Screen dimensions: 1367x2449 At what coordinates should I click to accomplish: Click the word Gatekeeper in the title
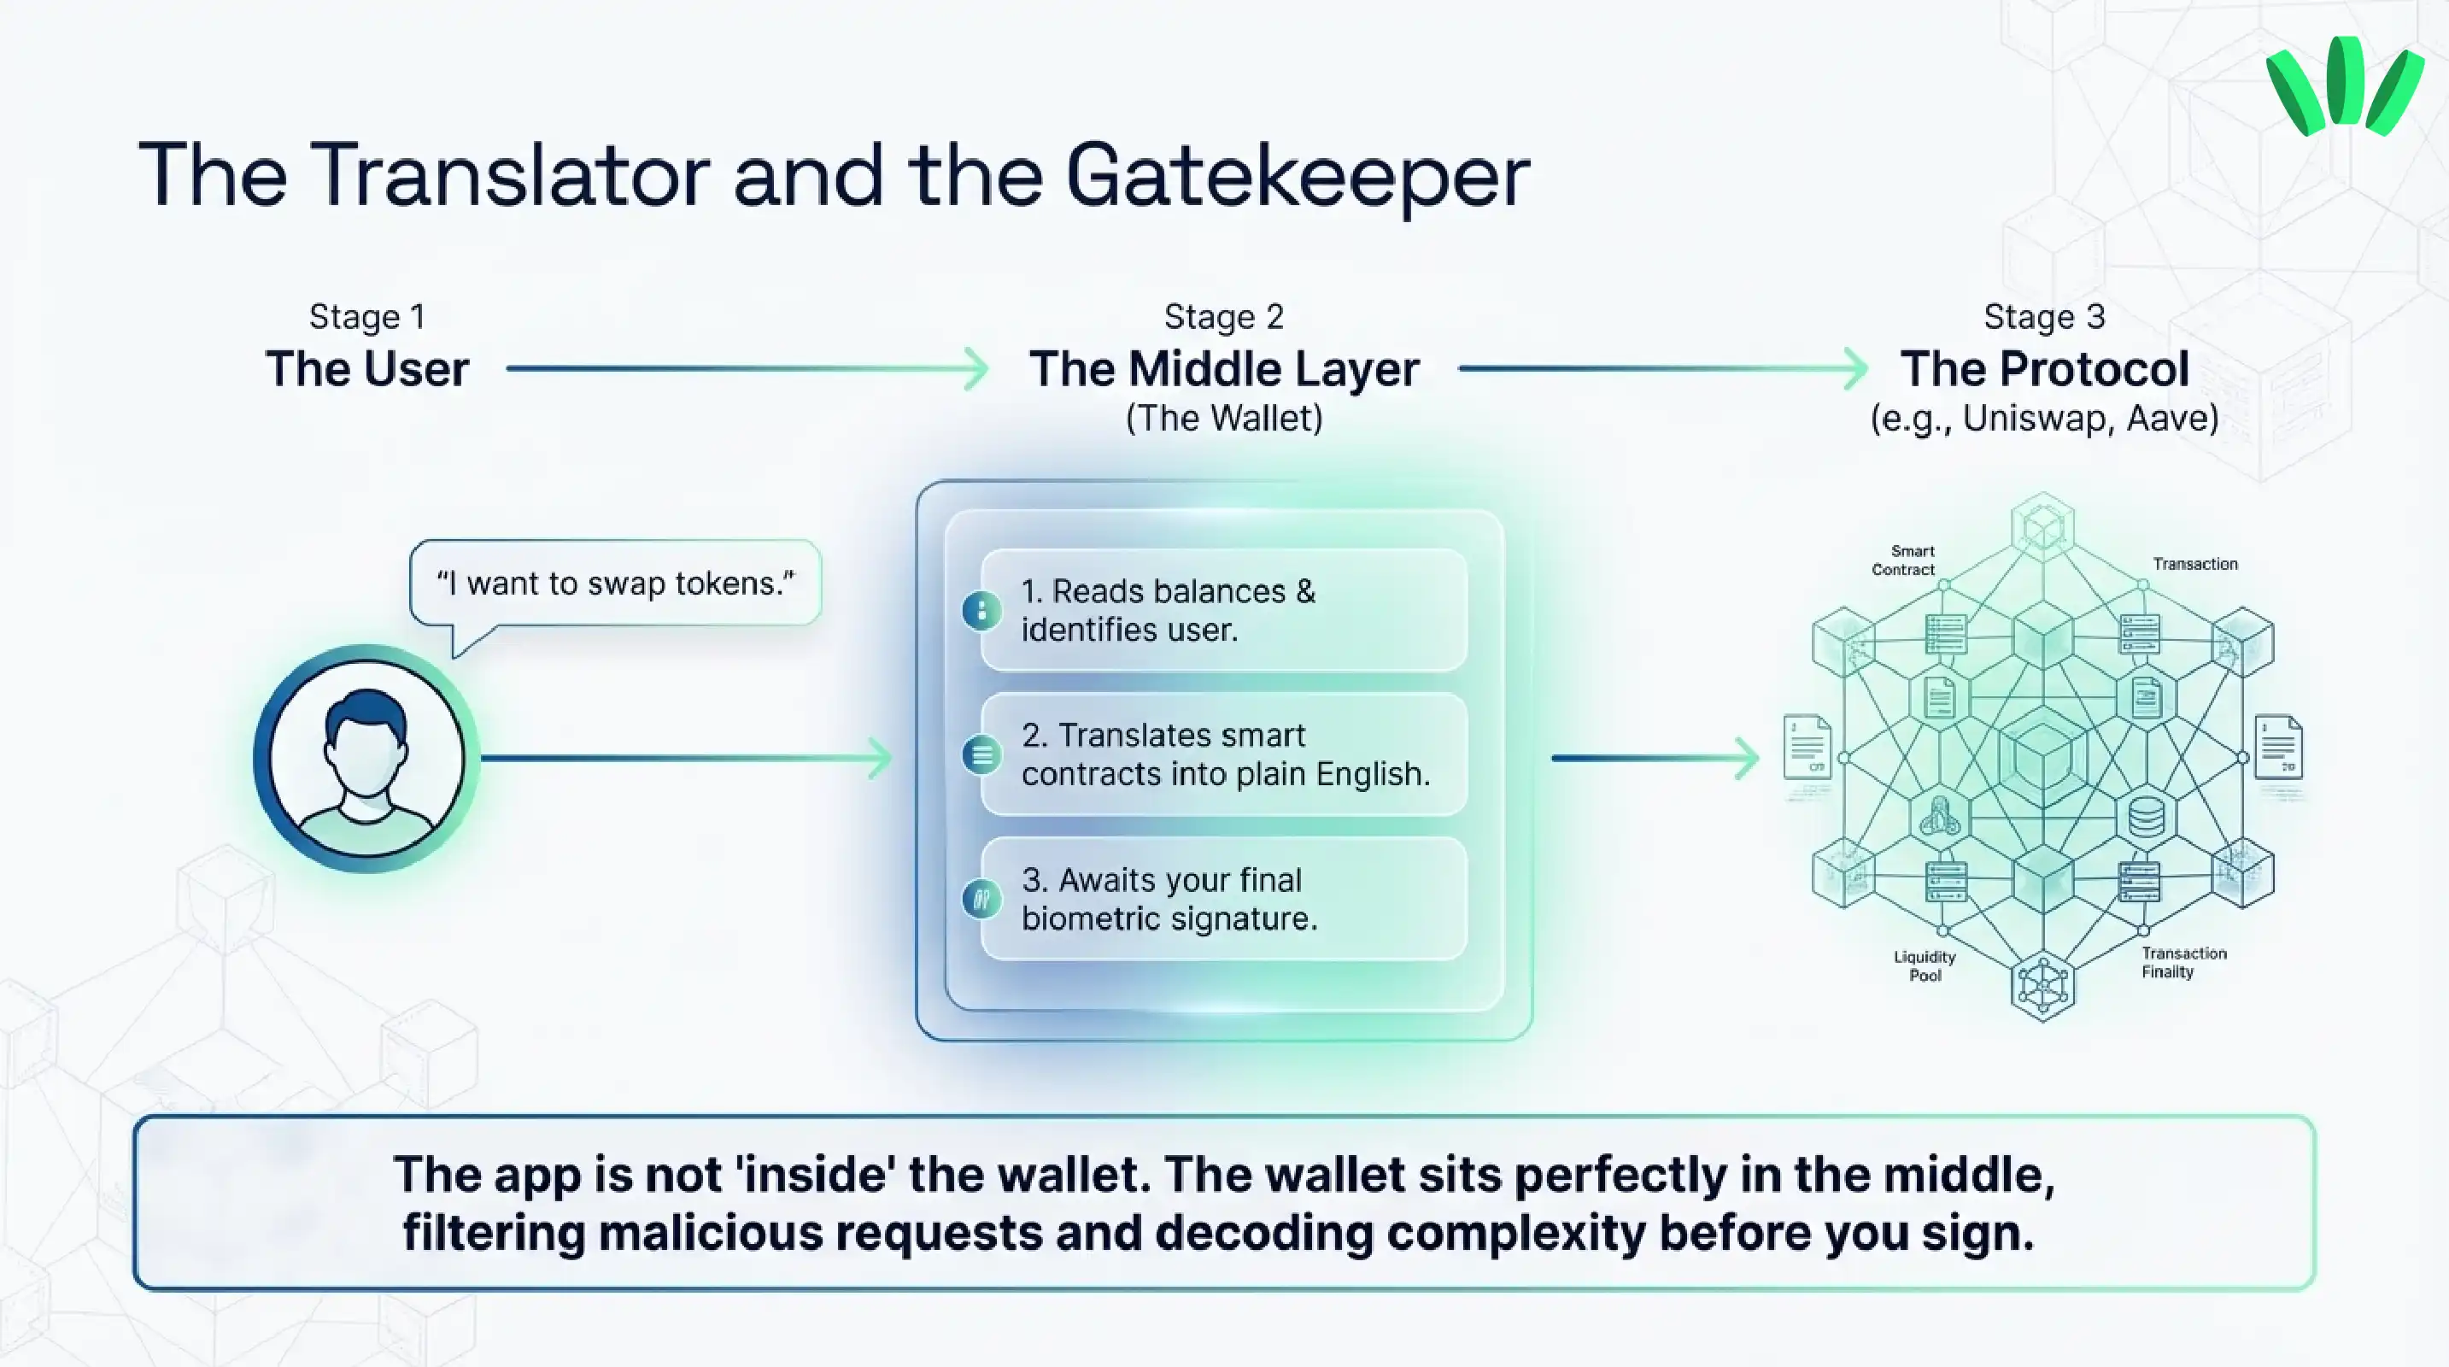pyautogui.click(x=1298, y=176)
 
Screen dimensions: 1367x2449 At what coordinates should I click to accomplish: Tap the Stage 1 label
pyautogui.click(x=367, y=317)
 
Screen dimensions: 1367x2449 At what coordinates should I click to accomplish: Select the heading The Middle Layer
pyautogui.click(x=1223, y=369)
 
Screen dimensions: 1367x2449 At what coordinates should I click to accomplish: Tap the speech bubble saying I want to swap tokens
pyautogui.click(x=615, y=583)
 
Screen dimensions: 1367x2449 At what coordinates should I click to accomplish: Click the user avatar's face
pyautogui.click(x=365, y=751)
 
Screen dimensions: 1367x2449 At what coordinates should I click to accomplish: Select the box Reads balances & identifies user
pyautogui.click(x=1223, y=610)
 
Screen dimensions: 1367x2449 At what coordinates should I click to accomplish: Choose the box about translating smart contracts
pyautogui.click(x=1223, y=754)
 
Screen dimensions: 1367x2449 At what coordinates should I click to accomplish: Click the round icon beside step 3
pyautogui.click(x=982, y=898)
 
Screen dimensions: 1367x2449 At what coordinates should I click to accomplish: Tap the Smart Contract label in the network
pyautogui.click(x=1903, y=560)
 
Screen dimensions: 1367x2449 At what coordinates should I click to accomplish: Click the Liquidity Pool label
pyautogui.click(x=1925, y=965)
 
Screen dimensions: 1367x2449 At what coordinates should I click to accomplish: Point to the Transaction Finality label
pyautogui.click(x=2182, y=962)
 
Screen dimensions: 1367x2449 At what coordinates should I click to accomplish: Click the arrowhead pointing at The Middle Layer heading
pyautogui.click(x=976, y=369)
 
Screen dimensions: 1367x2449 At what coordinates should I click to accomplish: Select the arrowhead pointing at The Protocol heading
pyautogui.click(x=1856, y=369)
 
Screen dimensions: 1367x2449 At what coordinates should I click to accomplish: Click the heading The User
pyautogui.click(x=367, y=369)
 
